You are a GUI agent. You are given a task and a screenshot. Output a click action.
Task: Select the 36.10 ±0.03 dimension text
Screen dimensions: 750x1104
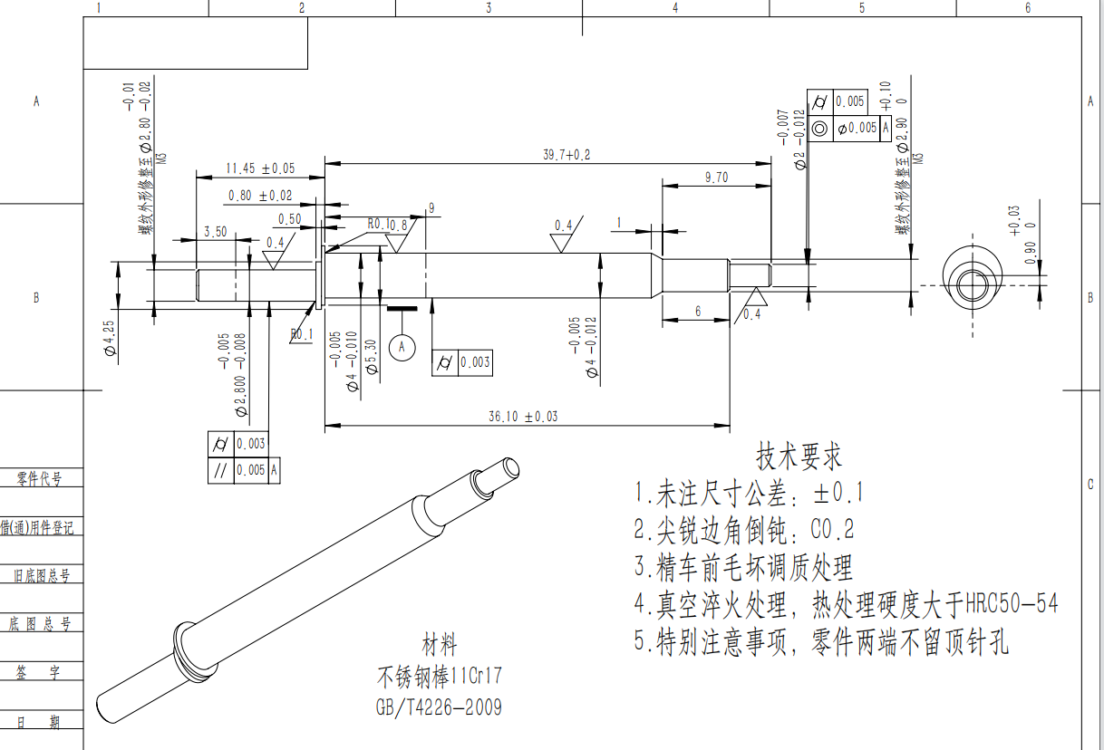tap(523, 417)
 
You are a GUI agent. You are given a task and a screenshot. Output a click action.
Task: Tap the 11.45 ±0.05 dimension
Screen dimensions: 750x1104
tap(260, 168)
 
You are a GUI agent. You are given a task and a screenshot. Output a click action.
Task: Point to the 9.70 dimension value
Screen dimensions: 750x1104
tap(716, 178)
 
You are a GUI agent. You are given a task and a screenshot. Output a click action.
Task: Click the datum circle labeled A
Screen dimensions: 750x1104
tap(402, 346)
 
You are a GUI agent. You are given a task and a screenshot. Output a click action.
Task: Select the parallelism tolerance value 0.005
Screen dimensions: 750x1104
tap(251, 471)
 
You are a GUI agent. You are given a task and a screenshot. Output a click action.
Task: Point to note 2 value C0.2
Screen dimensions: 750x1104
tap(831, 529)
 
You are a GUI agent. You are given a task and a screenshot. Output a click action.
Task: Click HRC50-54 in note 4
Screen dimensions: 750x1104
tap(1011, 603)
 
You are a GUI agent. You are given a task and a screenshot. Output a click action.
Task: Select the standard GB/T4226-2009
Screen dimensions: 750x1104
tap(439, 707)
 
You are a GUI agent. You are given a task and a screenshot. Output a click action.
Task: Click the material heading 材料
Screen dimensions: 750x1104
tap(440, 646)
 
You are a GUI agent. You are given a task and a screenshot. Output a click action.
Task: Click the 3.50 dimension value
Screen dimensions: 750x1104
tap(216, 232)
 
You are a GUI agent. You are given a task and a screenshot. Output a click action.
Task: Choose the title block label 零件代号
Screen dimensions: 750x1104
tap(38, 479)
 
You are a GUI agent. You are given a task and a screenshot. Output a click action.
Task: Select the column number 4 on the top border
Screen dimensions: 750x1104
tap(674, 8)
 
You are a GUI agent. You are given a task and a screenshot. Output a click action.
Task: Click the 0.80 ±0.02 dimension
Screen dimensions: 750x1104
tap(260, 196)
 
